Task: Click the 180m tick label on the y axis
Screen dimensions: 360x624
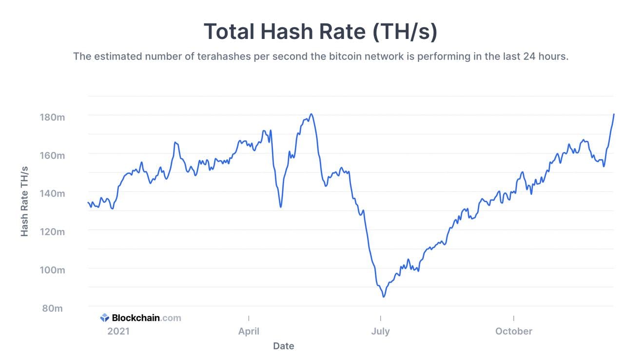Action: [52, 117]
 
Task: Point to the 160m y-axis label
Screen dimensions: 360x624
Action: [52, 155]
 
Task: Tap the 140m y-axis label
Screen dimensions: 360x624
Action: [52, 193]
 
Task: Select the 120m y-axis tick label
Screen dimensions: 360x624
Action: [52, 231]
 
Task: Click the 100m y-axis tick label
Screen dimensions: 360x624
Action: [52, 270]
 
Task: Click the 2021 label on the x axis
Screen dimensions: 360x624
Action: [118, 331]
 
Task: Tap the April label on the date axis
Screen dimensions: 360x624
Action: [249, 331]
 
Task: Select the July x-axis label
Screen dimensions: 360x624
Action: [380, 331]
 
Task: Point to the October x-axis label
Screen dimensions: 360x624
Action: [514, 331]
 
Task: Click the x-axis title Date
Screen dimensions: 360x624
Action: [283, 346]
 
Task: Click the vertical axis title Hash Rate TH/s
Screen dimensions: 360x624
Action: [25, 201]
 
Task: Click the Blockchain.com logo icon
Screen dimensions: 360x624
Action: [105, 318]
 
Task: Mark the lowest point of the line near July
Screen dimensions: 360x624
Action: [384, 297]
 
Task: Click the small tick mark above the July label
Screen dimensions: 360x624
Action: [380, 318]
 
